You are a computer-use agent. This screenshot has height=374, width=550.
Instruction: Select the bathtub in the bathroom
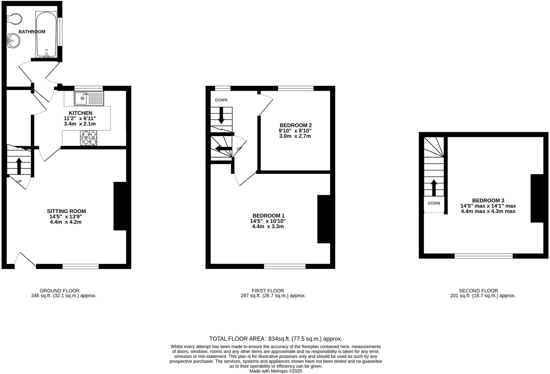tap(46, 34)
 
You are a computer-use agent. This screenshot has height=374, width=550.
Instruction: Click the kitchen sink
tap(89, 98)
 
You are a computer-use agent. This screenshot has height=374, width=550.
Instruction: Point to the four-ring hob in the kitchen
tap(89, 138)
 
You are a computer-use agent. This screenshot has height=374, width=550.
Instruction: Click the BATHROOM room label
tap(32, 32)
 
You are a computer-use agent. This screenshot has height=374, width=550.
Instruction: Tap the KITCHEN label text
tap(80, 113)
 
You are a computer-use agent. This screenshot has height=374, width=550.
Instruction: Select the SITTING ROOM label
tap(66, 211)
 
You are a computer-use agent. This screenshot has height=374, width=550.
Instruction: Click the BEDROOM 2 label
tap(295, 125)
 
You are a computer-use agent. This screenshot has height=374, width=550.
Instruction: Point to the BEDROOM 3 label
tap(488, 200)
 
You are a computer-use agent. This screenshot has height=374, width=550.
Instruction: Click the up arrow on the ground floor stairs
tap(19, 166)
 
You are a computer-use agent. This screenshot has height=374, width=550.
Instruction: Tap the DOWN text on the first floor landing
tap(221, 100)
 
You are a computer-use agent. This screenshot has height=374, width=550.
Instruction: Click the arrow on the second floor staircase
tap(434, 188)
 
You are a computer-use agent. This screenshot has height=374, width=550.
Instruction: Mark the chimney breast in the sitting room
tap(120, 206)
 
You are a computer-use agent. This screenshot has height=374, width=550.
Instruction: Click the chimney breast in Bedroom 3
tap(537, 198)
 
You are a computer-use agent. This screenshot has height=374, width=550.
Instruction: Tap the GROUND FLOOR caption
tap(60, 291)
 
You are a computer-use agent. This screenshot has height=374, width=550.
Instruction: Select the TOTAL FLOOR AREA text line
tap(276, 339)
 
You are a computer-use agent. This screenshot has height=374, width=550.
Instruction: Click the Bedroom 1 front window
tap(285, 266)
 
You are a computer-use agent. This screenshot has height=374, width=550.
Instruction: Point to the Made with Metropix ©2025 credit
tap(276, 371)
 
